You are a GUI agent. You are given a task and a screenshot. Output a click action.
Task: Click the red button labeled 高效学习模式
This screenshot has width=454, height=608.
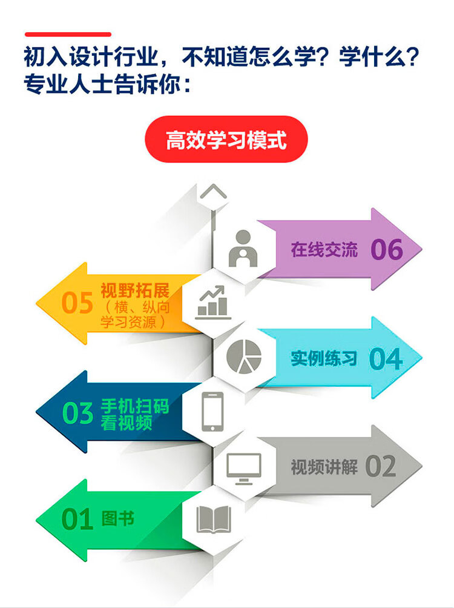tap(226, 139)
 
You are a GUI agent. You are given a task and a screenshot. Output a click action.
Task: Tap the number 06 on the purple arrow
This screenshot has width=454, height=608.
tap(387, 249)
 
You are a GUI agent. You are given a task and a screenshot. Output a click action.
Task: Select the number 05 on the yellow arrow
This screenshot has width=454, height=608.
tap(77, 303)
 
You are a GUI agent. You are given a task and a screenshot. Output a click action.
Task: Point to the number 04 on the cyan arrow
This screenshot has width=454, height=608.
tap(386, 359)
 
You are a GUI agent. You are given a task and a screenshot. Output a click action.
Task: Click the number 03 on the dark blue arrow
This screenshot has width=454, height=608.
tap(77, 413)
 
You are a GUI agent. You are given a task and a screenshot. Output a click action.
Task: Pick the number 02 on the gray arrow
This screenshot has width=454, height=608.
tap(381, 467)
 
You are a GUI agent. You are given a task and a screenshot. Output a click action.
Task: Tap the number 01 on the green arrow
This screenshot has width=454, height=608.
tap(77, 519)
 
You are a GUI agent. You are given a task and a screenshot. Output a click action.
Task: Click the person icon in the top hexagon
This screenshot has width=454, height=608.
tap(243, 249)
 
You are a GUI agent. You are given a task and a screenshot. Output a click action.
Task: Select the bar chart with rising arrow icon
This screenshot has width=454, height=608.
tap(212, 303)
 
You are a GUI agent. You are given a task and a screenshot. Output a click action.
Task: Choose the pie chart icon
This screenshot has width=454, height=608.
tap(244, 356)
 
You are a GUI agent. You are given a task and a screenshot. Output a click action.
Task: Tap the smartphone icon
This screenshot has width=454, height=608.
tap(212, 412)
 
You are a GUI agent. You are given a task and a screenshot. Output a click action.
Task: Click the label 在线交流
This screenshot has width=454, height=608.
tap(324, 250)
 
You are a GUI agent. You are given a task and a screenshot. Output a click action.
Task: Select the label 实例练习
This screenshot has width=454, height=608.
tap(324, 358)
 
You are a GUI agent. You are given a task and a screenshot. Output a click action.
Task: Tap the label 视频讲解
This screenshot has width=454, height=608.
tap(324, 467)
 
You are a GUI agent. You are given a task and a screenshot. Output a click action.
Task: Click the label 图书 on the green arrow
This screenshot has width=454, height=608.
tap(118, 518)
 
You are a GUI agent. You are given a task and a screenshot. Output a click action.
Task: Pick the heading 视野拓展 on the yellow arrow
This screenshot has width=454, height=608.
tap(135, 290)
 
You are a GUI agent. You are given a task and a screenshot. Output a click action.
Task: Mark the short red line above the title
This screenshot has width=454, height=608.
tap(68, 35)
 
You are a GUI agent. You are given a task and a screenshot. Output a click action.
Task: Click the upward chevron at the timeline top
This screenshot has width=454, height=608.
tap(213, 191)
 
